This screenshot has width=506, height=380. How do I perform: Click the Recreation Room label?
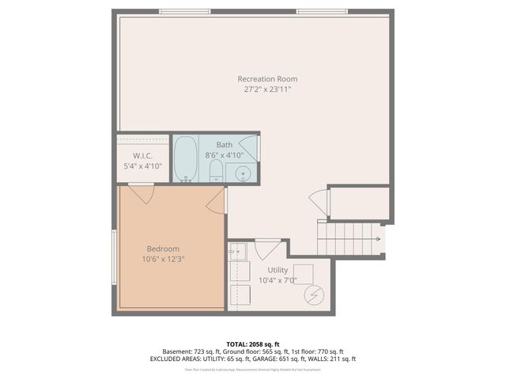[x=267, y=78]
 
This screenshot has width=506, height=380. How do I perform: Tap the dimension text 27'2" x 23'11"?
[x=267, y=89]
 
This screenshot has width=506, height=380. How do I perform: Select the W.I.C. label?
[x=142, y=155]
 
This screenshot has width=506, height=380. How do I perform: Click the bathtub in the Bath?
[x=185, y=159]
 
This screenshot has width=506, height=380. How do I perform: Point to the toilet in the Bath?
[x=216, y=170]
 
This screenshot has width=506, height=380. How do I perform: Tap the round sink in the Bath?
[x=244, y=173]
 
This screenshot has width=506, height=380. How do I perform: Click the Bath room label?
[x=225, y=145]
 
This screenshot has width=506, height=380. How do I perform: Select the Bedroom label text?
[x=163, y=249]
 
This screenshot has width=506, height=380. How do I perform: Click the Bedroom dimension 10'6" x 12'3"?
[x=163, y=259]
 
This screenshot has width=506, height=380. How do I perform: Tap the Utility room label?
[x=278, y=270]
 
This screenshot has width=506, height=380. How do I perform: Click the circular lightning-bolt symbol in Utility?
[x=314, y=294]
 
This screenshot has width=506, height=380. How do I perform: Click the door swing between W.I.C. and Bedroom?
[x=142, y=192]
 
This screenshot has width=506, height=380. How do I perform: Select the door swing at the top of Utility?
[x=267, y=248]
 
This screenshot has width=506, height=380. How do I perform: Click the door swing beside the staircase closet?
[x=319, y=202]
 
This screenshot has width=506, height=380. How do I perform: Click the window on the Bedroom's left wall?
[x=114, y=256]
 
